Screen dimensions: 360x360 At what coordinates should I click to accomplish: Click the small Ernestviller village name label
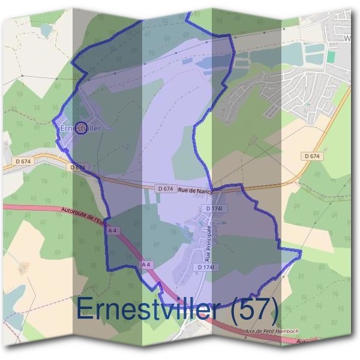(x=80, y=128)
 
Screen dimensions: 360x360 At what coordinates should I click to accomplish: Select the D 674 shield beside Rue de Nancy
(x=165, y=188)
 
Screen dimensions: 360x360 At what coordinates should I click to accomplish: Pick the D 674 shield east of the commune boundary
(x=311, y=156)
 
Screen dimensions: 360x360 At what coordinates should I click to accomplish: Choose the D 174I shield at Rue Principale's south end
(x=206, y=266)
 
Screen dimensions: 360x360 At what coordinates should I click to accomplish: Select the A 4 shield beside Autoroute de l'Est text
(x=112, y=230)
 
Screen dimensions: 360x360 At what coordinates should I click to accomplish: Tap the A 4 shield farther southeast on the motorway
(x=146, y=264)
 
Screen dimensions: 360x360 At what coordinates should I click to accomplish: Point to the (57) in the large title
(x=254, y=310)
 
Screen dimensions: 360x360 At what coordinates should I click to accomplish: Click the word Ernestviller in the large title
(x=147, y=310)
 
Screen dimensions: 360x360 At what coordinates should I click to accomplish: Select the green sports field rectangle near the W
(x=331, y=56)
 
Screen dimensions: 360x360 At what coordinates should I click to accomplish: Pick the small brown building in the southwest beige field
(x=24, y=268)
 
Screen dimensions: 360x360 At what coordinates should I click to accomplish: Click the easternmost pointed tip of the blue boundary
(x=301, y=253)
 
